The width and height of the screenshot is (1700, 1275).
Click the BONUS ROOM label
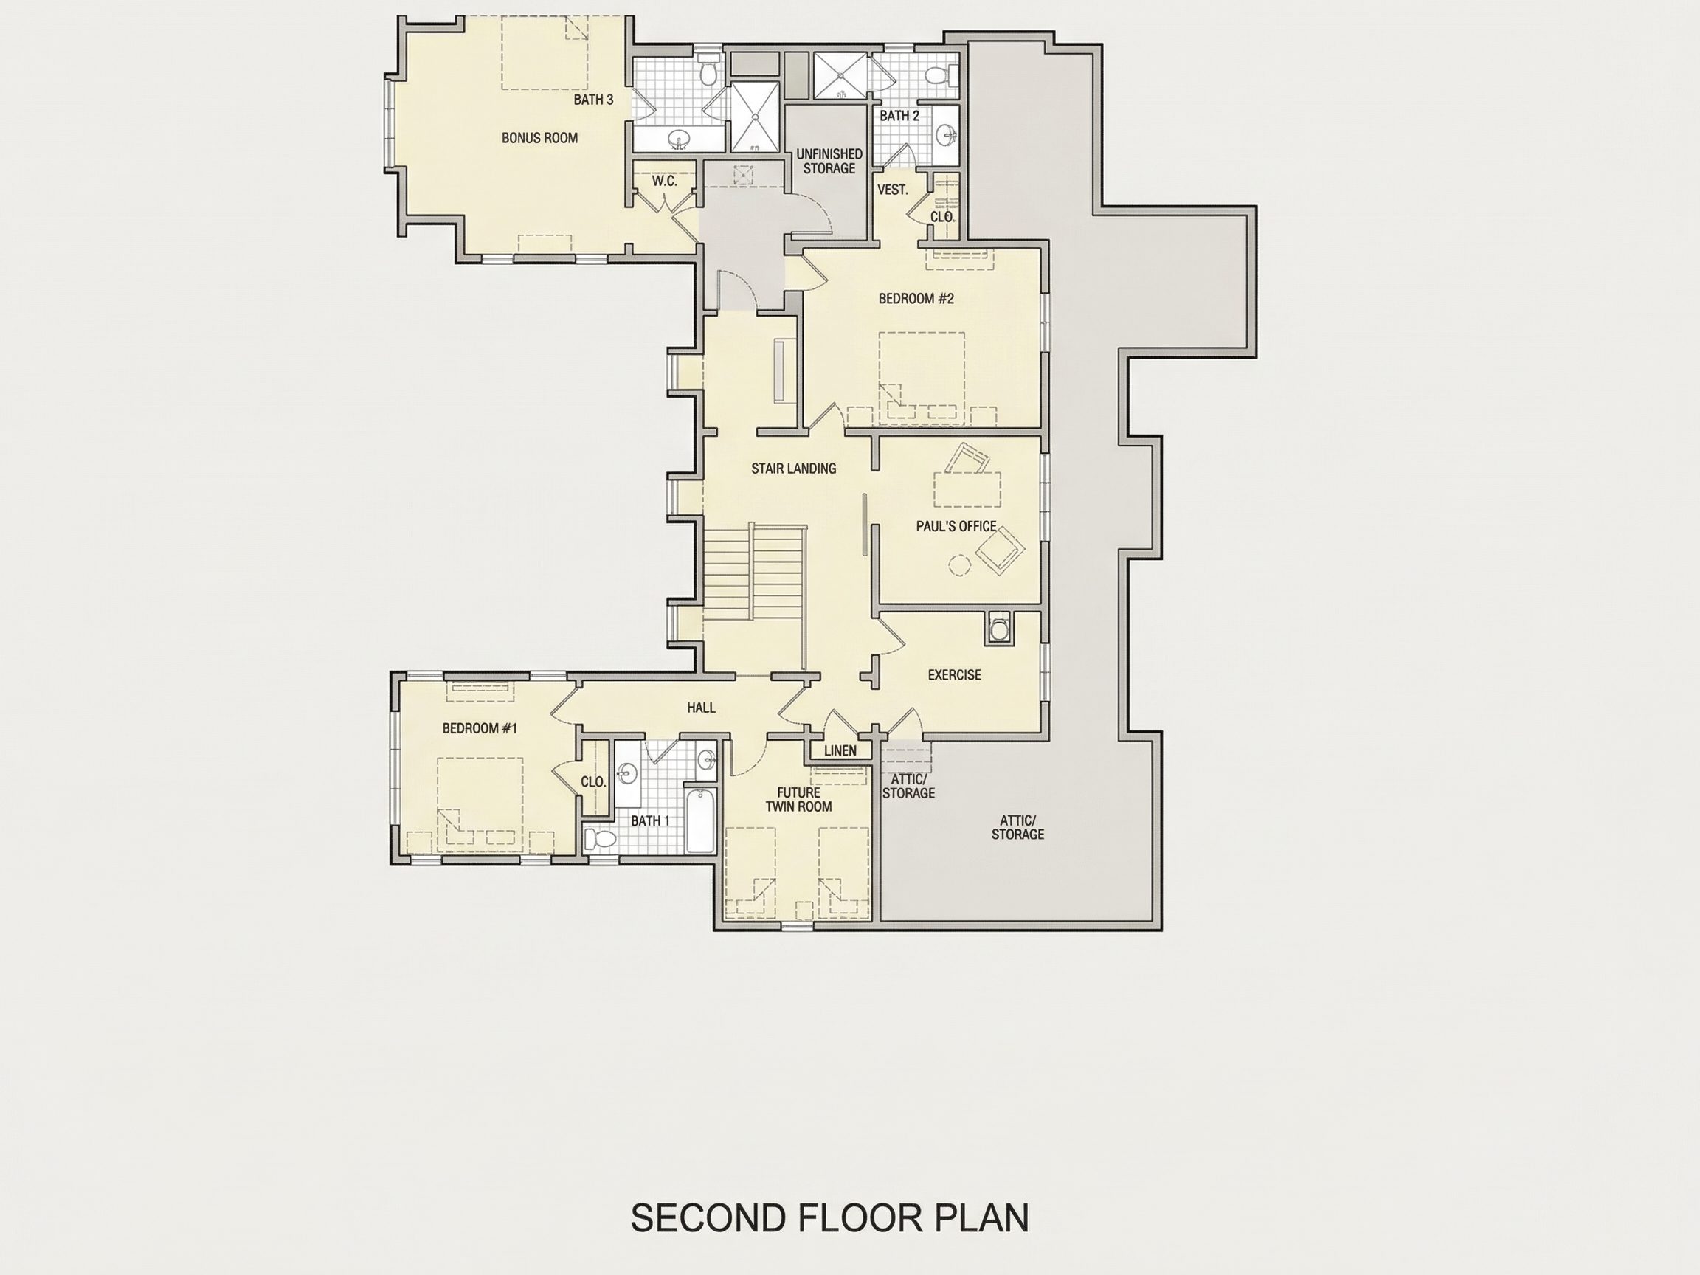539,138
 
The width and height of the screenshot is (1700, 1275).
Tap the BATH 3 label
593,100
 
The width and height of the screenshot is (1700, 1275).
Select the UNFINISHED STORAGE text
829,162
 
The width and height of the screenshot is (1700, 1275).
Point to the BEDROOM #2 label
916,298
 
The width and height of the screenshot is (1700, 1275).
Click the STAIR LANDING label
793,468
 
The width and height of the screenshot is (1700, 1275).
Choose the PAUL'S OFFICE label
956,526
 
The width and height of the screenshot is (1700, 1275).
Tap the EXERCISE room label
955,675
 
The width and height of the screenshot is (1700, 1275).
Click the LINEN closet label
840,751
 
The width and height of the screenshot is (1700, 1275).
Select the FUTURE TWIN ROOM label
798,799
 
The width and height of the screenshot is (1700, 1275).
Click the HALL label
701,708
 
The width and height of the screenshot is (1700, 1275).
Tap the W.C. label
665,182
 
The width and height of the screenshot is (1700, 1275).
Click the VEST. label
893,190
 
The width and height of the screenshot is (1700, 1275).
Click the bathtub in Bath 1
700,820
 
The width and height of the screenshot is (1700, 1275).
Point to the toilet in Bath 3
708,72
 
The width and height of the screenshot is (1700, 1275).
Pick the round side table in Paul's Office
958,566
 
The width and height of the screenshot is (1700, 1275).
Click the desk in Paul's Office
967,489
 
